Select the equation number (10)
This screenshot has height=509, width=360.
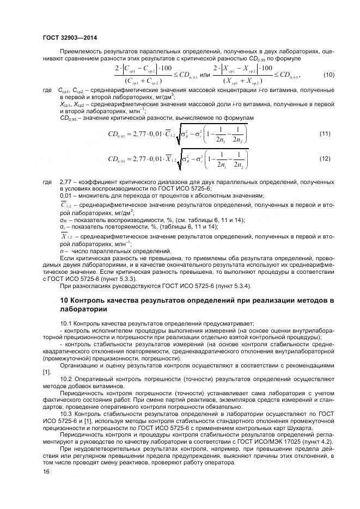point(329,75)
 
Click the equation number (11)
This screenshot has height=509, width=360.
point(325,133)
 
